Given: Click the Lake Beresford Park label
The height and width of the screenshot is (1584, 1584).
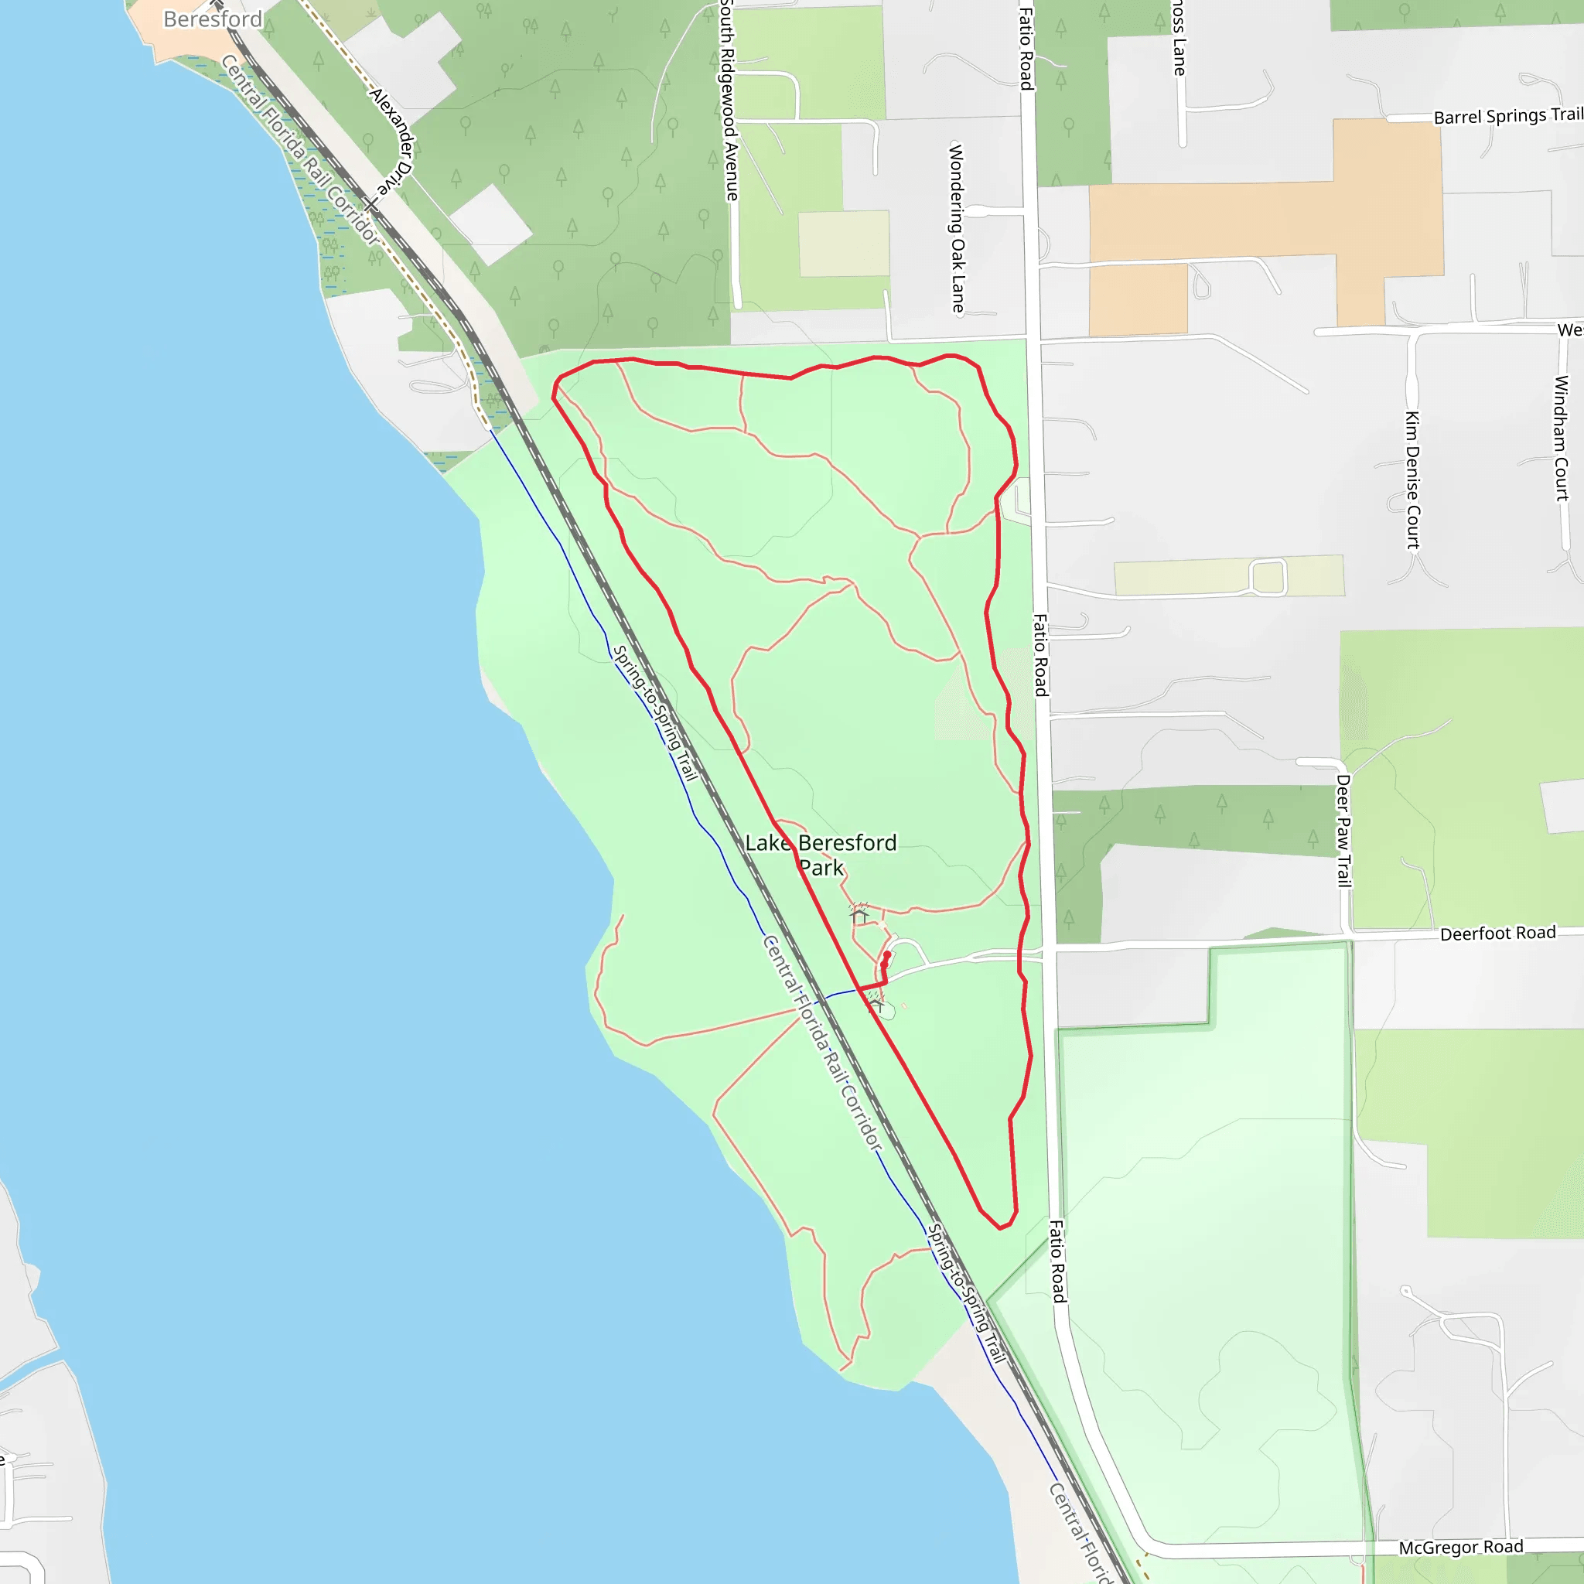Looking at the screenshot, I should click(x=821, y=855).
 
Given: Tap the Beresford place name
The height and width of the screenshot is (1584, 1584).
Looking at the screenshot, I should click(x=213, y=19).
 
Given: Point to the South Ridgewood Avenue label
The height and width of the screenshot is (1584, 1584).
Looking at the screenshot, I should click(x=729, y=101).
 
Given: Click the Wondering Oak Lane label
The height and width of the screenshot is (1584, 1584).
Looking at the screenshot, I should click(x=957, y=228).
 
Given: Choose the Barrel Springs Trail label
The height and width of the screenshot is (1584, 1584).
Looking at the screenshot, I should click(x=1507, y=115).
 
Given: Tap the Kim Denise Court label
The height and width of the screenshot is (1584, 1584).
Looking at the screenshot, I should click(x=1412, y=480).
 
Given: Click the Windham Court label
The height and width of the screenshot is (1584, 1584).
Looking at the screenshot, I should click(x=1561, y=438).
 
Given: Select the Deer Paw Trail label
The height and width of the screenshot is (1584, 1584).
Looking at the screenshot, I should click(x=1343, y=831).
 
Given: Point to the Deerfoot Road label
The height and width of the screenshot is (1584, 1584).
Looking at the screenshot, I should click(x=1497, y=933).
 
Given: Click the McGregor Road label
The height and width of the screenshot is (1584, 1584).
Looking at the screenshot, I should click(x=1460, y=1546).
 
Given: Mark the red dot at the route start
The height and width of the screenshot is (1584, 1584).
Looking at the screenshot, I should click(x=886, y=955).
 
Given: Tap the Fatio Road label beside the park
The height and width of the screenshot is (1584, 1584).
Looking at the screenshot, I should click(x=1039, y=655).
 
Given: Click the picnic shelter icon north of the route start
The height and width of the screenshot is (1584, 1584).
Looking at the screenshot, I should click(x=859, y=913).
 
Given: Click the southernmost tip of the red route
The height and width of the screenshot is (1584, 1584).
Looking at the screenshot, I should click(x=1000, y=1228).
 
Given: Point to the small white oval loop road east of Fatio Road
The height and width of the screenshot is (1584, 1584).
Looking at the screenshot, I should click(x=1268, y=576).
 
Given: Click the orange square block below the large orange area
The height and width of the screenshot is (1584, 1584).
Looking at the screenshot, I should click(x=1138, y=299).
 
